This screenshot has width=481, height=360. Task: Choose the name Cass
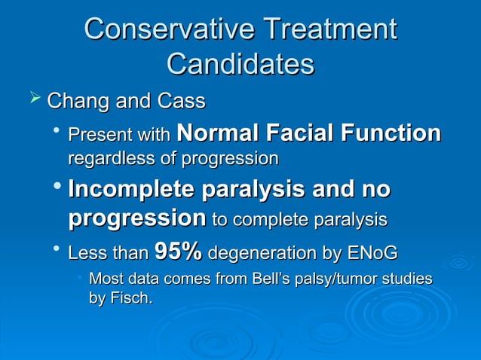click(181, 100)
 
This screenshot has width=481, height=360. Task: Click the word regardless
click(105, 159)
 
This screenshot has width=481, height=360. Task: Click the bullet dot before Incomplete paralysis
click(57, 189)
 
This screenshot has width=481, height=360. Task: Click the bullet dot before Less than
click(57, 250)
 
